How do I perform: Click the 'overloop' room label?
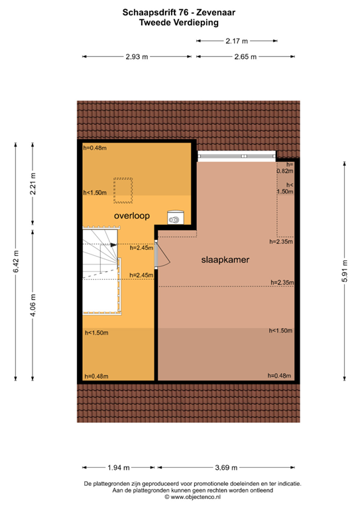tap(132, 216)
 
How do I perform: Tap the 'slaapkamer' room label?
tap(225, 260)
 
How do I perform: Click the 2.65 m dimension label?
tap(245, 57)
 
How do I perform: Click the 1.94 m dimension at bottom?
tap(119, 467)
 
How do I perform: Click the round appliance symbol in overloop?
tap(175, 217)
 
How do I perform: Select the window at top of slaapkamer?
tap(237, 156)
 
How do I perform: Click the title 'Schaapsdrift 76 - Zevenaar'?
tap(179, 11)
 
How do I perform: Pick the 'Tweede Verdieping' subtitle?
tap(179, 21)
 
